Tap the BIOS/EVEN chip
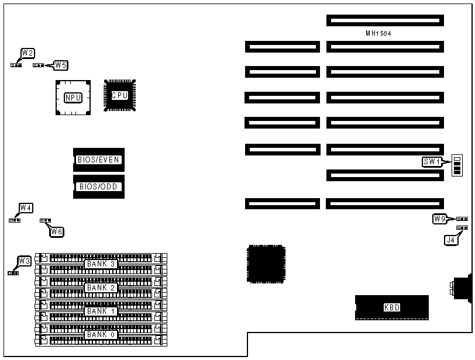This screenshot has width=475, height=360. coord(99,159)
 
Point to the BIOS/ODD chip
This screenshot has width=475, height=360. coord(99,187)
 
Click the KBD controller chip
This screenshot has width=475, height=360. coord(391,307)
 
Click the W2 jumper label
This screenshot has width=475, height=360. coord(27,53)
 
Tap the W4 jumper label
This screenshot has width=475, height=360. coord(26,207)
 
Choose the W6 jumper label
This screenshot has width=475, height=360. coord(57,232)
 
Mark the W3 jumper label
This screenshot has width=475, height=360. coord(24,261)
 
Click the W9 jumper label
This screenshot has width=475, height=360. coord(440,219)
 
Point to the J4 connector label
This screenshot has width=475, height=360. coord(450,239)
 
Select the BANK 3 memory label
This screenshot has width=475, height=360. coord(101,264)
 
